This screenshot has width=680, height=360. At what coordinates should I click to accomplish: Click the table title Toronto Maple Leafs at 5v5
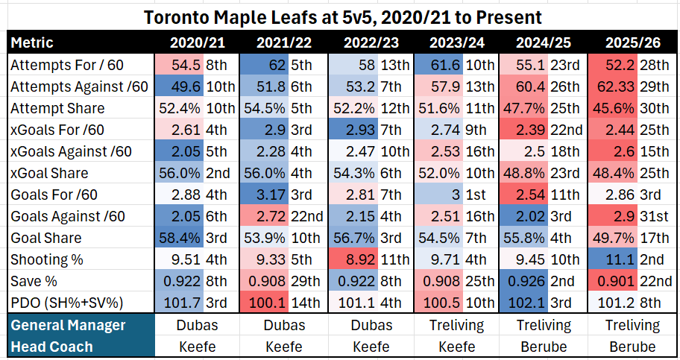point(339,15)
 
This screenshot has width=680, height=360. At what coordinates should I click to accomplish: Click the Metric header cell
point(32,42)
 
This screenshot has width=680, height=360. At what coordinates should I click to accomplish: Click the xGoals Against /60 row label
point(71,151)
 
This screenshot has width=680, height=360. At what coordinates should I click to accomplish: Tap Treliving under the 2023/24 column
point(458,325)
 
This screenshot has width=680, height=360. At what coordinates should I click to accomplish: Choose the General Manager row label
point(68,325)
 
